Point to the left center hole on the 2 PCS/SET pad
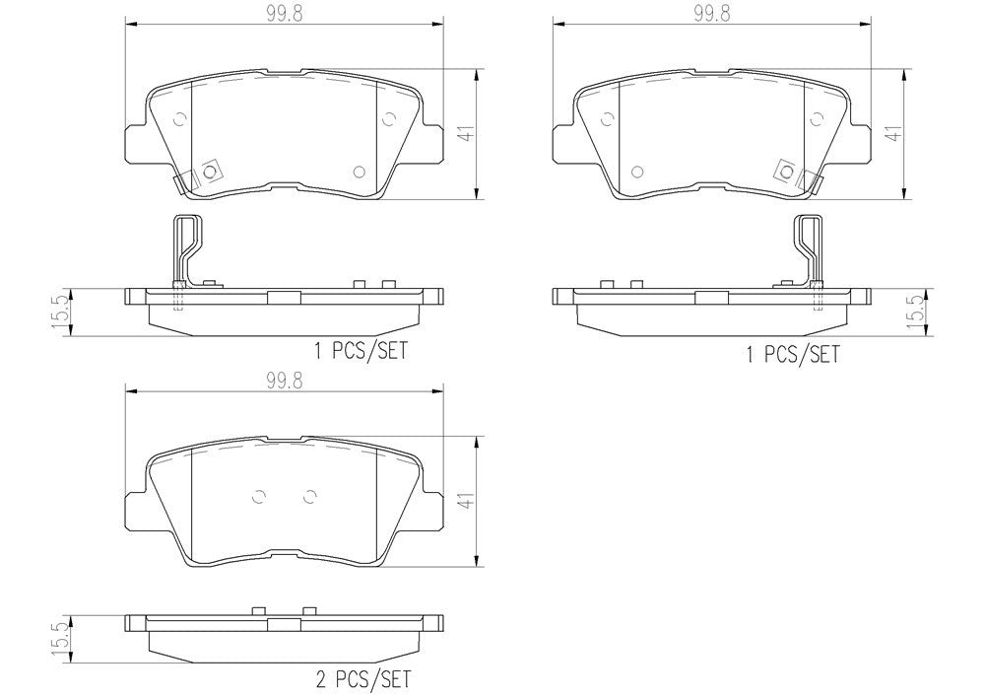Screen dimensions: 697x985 260,497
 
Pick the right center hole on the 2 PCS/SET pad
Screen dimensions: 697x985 309,497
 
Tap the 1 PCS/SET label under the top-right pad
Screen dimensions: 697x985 793,354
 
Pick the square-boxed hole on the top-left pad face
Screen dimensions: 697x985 209,171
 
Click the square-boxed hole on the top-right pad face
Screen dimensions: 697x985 786,171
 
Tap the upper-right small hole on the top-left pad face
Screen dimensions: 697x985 387,119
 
